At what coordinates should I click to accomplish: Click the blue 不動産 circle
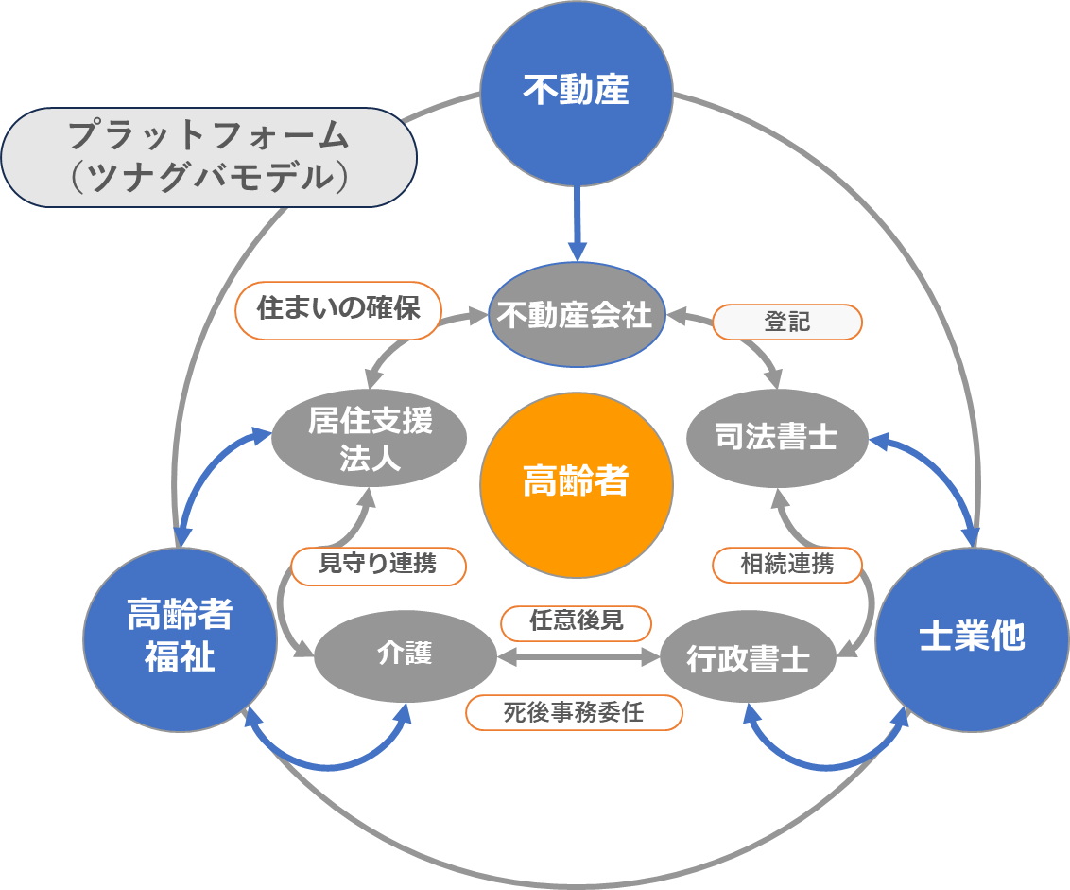point(576,93)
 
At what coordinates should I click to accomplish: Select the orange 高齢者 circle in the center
point(576,483)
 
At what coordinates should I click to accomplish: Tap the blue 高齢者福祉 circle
point(179,637)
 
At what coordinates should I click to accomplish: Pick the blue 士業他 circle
point(972,638)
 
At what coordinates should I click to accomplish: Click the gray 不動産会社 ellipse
point(576,315)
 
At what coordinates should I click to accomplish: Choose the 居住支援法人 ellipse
point(370,439)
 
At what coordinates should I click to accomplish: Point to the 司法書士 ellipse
point(775,437)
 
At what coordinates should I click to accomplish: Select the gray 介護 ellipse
point(405,654)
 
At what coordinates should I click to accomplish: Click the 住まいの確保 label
point(337,309)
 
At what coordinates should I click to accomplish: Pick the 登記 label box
point(786,322)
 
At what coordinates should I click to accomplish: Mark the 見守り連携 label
point(378,565)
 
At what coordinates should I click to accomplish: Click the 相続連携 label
point(786,565)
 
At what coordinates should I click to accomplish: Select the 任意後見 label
point(576,621)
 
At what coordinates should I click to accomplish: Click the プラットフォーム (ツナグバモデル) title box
point(208,157)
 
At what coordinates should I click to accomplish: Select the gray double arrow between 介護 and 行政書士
point(577,654)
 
